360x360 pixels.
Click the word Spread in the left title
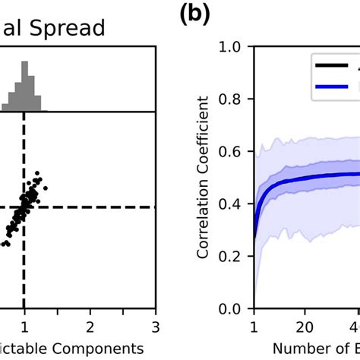point(85,28)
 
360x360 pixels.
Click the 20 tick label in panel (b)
point(305,327)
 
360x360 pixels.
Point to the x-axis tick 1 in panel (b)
point(254,327)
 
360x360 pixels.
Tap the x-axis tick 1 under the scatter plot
point(24,327)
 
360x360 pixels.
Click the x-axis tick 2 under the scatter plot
point(90,327)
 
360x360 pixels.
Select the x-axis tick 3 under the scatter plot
point(155,327)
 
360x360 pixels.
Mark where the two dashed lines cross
point(24,207)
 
